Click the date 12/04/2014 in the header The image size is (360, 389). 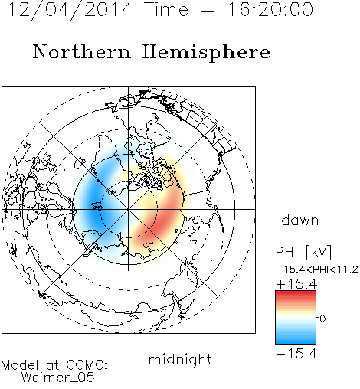tap(70, 10)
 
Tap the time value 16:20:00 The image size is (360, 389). tap(270, 9)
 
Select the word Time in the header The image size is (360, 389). tap(166, 9)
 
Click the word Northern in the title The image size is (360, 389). tap(82, 51)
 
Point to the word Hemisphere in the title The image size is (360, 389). tap(206, 53)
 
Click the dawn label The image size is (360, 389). tap(300, 221)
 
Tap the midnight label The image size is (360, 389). tap(180, 359)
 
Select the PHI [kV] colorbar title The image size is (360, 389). tap(303, 252)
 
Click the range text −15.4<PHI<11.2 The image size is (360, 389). tap(317, 270)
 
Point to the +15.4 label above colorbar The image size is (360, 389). tap(296, 284)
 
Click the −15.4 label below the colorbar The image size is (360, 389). tap(296, 354)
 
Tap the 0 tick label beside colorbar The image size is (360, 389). tap(322, 319)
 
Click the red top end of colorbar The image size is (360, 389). tap(296, 293)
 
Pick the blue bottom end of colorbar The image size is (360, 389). tap(296, 342)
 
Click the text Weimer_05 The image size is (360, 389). tap(57, 378)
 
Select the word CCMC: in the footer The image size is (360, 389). tap(87, 365)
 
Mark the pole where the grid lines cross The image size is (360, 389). tap(129, 209)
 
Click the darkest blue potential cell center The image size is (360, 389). tap(94, 204)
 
